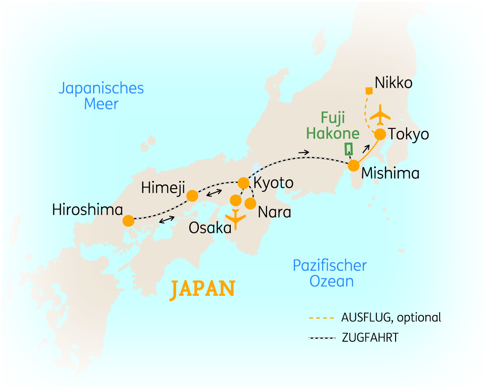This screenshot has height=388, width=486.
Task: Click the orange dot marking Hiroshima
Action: (x=128, y=221)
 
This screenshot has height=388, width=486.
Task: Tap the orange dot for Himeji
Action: (x=192, y=196)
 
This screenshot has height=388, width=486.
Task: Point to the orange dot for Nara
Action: (x=250, y=204)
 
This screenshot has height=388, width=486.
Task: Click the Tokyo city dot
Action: (x=380, y=134)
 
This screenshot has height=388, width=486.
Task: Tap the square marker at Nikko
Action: (x=369, y=91)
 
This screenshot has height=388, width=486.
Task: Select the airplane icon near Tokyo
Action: (x=380, y=115)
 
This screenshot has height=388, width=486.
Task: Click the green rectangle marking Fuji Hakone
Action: (x=348, y=149)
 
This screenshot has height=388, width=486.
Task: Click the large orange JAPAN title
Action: (x=203, y=289)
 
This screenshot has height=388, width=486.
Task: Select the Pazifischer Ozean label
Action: (x=330, y=273)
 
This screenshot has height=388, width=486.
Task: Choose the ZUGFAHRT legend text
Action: (x=370, y=338)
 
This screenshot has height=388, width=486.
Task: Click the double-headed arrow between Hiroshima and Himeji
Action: (x=167, y=220)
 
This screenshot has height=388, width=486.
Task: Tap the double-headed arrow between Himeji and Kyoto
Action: (x=213, y=193)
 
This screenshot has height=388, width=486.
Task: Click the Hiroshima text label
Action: (x=87, y=210)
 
